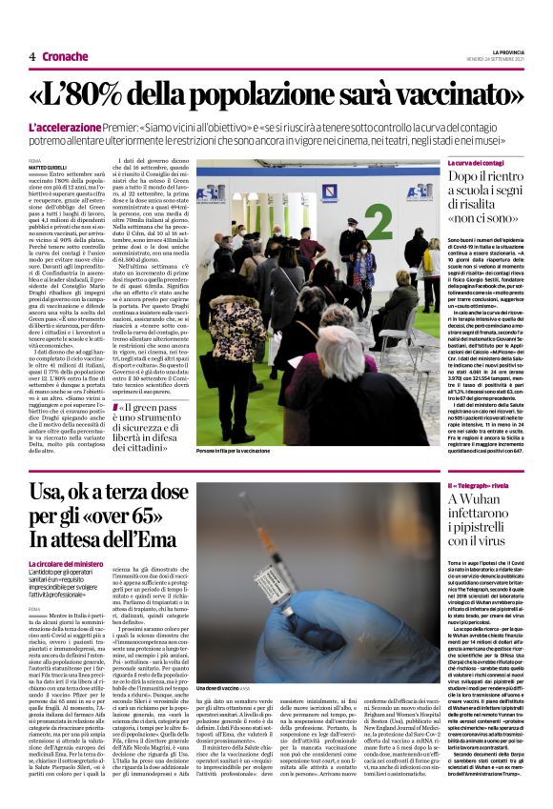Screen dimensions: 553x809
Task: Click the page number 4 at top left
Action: pyautogui.click(x=31, y=56)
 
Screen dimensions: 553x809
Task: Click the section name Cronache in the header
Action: pyautogui.click(x=66, y=56)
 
